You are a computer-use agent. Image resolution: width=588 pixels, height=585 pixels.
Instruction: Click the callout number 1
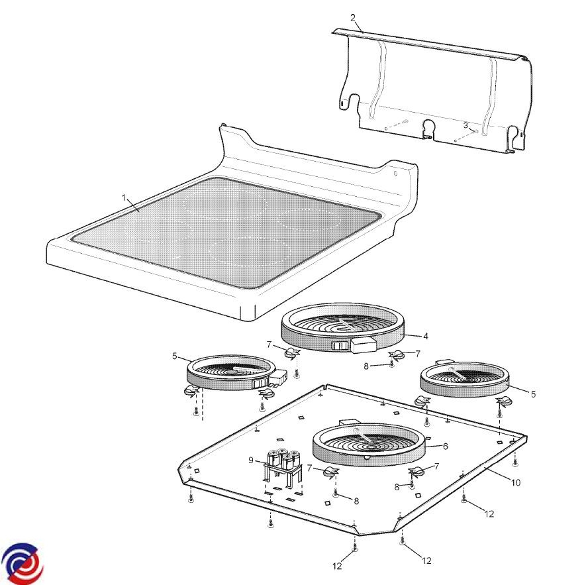(x=124, y=197)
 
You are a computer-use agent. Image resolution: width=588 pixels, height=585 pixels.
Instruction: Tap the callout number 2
(x=353, y=17)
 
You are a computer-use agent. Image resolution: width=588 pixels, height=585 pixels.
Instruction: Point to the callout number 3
(x=465, y=125)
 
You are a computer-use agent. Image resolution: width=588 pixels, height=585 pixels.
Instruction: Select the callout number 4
(x=425, y=336)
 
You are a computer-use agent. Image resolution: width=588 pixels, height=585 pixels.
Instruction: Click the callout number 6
(x=446, y=446)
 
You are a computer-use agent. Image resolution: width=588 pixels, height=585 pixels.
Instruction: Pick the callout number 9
(x=251, y=460)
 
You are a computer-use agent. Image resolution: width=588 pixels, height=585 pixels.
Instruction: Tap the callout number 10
(x=516, y=482)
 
